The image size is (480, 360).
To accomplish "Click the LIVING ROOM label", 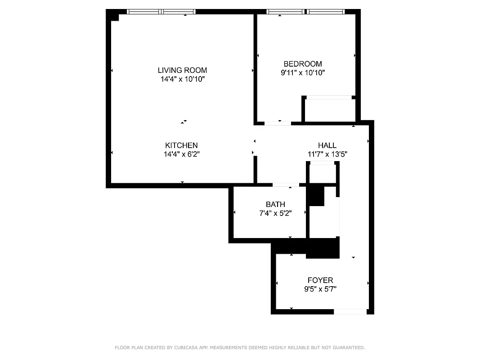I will (x=182, y=70).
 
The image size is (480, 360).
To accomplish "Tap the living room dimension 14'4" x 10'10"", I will (x=182, y=79).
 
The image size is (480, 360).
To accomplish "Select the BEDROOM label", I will (x=302, y=64).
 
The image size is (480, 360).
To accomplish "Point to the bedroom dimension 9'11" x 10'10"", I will (x=302, y=72).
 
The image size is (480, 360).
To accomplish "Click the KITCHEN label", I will (x=181, y=145).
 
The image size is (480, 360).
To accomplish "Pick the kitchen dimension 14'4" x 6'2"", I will (x=181, y=154).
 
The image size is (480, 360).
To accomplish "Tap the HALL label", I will (x=327, y=145).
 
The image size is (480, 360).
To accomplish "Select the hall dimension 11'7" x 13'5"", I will (x=327, y=154).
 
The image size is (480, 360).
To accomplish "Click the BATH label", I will (x=275, y=205).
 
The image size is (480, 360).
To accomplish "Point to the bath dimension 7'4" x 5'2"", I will (x=275, y=213).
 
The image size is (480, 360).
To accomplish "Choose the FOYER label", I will (x=320, y=280).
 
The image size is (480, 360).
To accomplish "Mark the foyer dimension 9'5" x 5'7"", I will (x=320, y=289).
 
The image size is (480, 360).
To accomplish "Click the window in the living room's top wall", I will (x=161, y=12).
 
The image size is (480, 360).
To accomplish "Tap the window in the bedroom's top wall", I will (x=306, y=12).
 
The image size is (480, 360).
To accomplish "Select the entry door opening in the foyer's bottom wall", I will (x=350, y=311).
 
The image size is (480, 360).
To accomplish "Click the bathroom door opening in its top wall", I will (x=286, y=184).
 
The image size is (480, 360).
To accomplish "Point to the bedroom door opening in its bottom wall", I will (x=277, y=123).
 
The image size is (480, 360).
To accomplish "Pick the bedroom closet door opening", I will (x=328, y=97).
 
